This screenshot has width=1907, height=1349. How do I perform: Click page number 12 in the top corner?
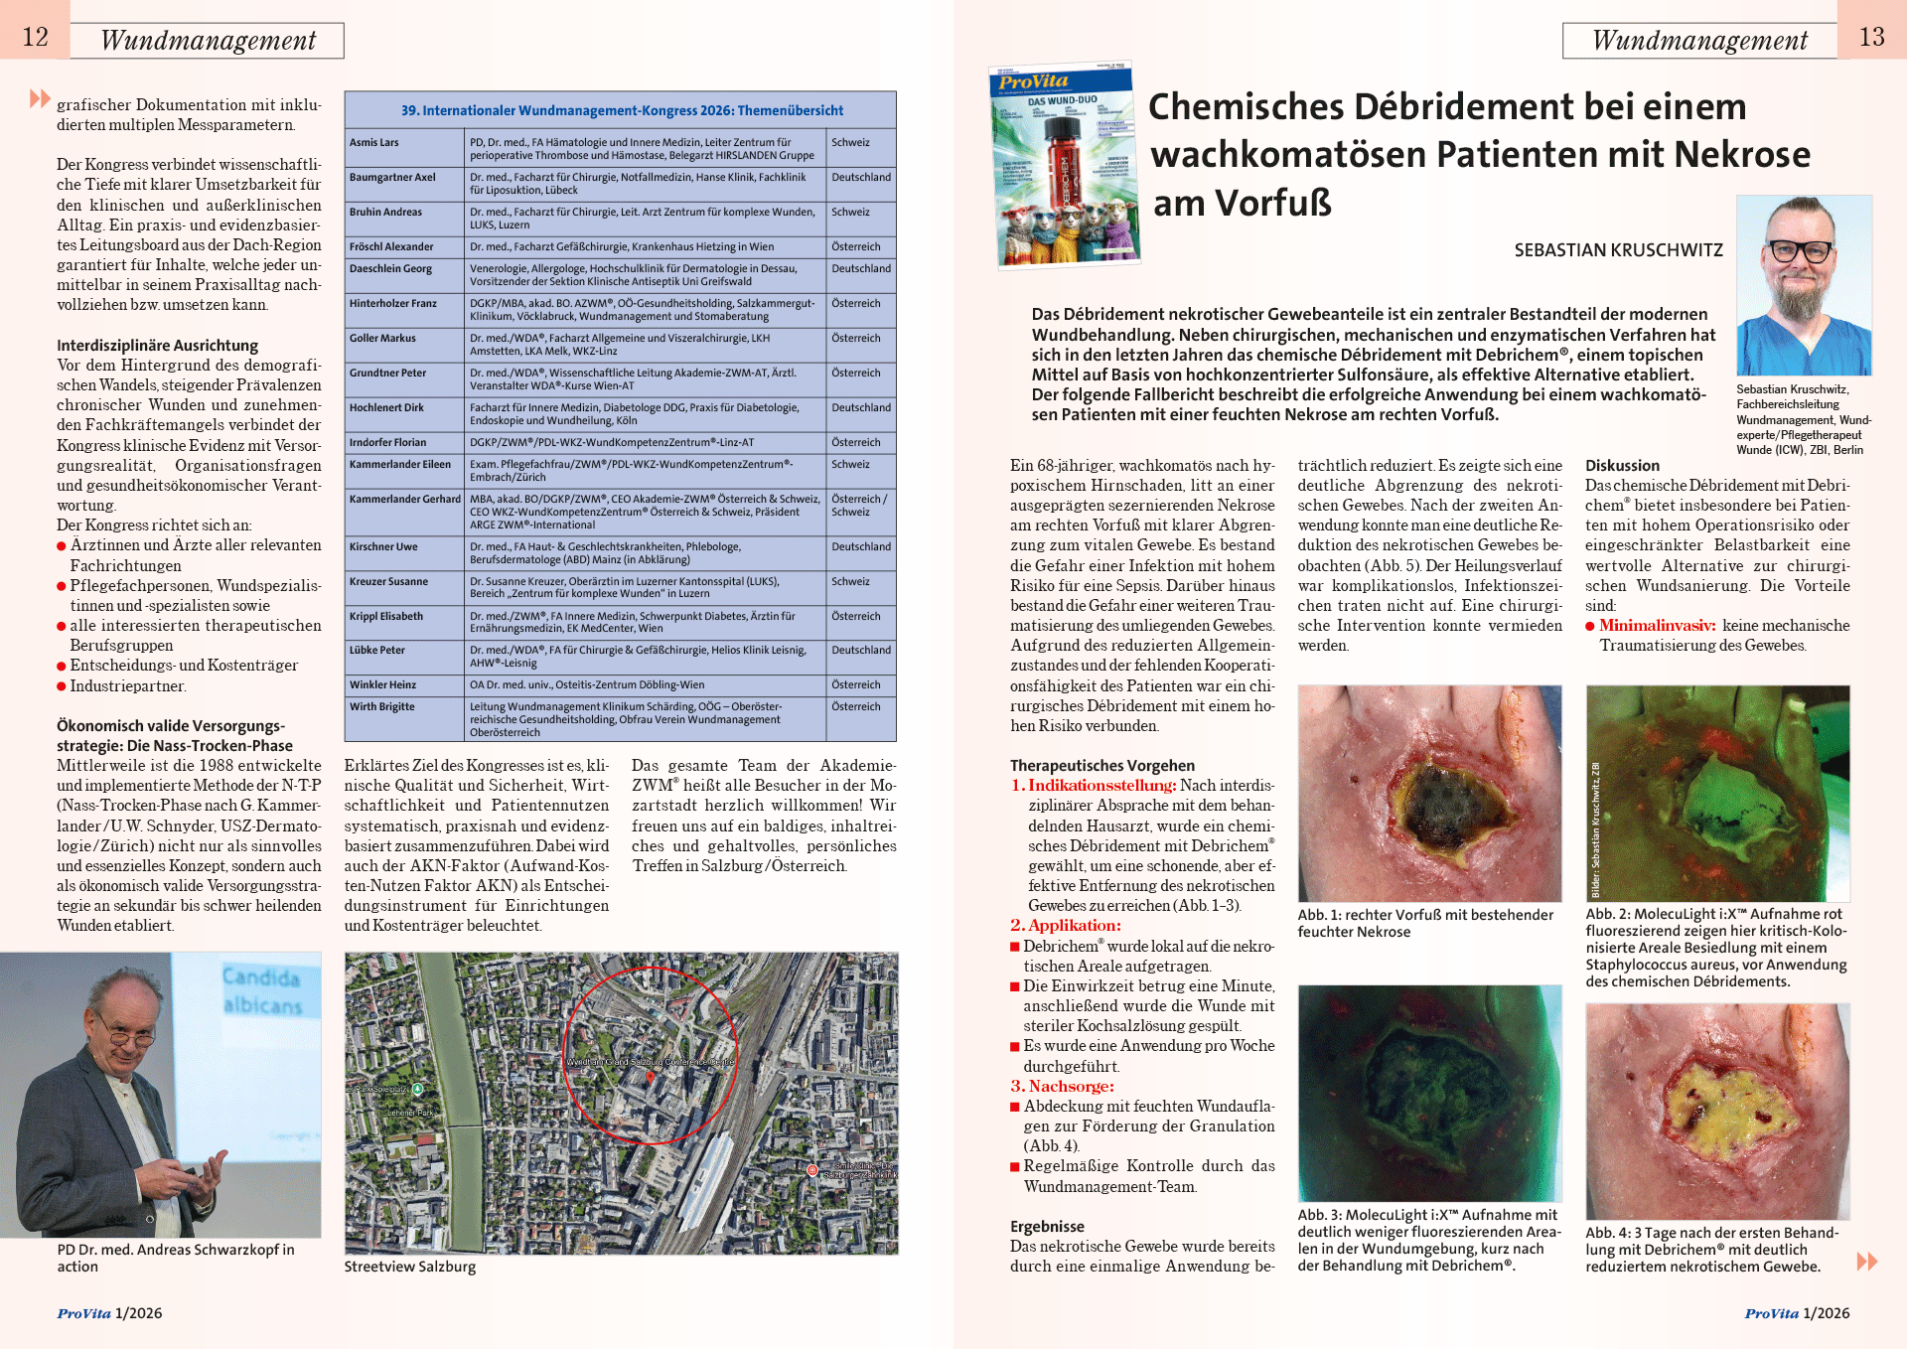point(36,38)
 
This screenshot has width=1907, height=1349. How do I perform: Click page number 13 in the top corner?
point(1871,38)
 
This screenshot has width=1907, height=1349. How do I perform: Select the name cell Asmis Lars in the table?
point(374,143)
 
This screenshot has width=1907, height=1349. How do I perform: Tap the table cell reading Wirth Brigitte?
point(382,707)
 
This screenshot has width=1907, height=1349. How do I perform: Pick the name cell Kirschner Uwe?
point(383,547)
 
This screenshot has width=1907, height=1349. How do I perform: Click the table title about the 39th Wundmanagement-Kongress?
point(622,110)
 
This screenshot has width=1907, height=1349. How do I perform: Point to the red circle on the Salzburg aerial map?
point(651,1055)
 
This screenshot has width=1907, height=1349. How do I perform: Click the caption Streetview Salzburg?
point(409,1268)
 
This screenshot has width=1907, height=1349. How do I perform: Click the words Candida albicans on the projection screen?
point(262,991)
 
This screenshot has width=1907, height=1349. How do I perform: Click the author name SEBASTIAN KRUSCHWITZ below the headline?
point(1618,250)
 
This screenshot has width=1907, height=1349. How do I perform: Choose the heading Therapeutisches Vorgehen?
point(1101,766)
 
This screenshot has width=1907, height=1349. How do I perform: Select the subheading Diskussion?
point(1622,466)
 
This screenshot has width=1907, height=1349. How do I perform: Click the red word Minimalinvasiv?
point(1657,626)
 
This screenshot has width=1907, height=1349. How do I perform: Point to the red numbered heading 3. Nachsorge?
point(1062,1087)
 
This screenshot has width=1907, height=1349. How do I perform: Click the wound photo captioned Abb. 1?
point(1429,793)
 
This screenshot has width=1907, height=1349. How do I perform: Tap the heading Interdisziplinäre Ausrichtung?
point(157,346)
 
